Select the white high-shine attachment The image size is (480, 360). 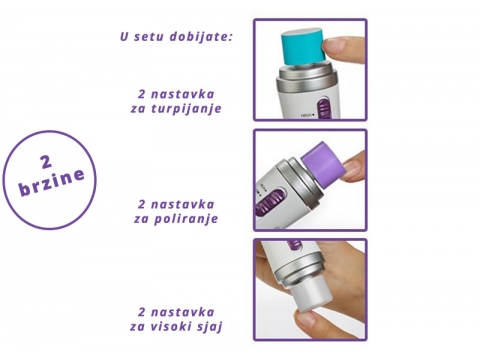tap(310, 296)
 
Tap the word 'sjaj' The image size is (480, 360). tap(211, 327)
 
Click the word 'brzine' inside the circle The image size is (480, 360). tap(52, 183)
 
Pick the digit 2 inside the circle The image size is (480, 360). tap(46, 162)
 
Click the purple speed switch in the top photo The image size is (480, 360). tap(322, 108)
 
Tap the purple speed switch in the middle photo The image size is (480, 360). tap(270, 202)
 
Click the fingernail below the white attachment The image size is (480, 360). tap(306, 318)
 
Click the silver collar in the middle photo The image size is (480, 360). tap(300, 183)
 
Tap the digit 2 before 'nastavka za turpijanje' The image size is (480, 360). tap(142, 94)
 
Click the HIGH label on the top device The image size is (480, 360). tap(307, 116)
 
